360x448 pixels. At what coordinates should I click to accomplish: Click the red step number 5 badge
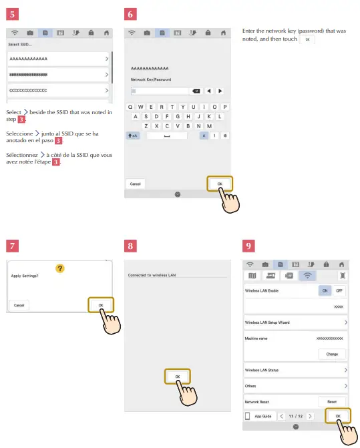point(13,13)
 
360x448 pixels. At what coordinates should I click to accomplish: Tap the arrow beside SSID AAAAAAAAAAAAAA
point(106,59)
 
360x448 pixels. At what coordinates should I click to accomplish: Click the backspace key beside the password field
point(196,90)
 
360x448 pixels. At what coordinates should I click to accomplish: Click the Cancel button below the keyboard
point(135,184)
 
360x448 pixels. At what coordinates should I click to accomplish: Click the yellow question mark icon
point(60,268)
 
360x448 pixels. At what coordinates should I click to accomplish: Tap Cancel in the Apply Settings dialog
point(19,305)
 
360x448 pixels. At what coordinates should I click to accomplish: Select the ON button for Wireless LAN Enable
point(323,291)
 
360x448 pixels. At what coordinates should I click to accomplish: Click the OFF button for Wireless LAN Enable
point(339,291)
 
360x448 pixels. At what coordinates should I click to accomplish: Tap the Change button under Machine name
point(331,354)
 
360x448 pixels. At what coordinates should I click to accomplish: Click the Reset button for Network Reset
point(331,401)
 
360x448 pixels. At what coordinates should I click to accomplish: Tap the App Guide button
point(260,416)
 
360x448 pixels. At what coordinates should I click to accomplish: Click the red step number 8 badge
point(133,246)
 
